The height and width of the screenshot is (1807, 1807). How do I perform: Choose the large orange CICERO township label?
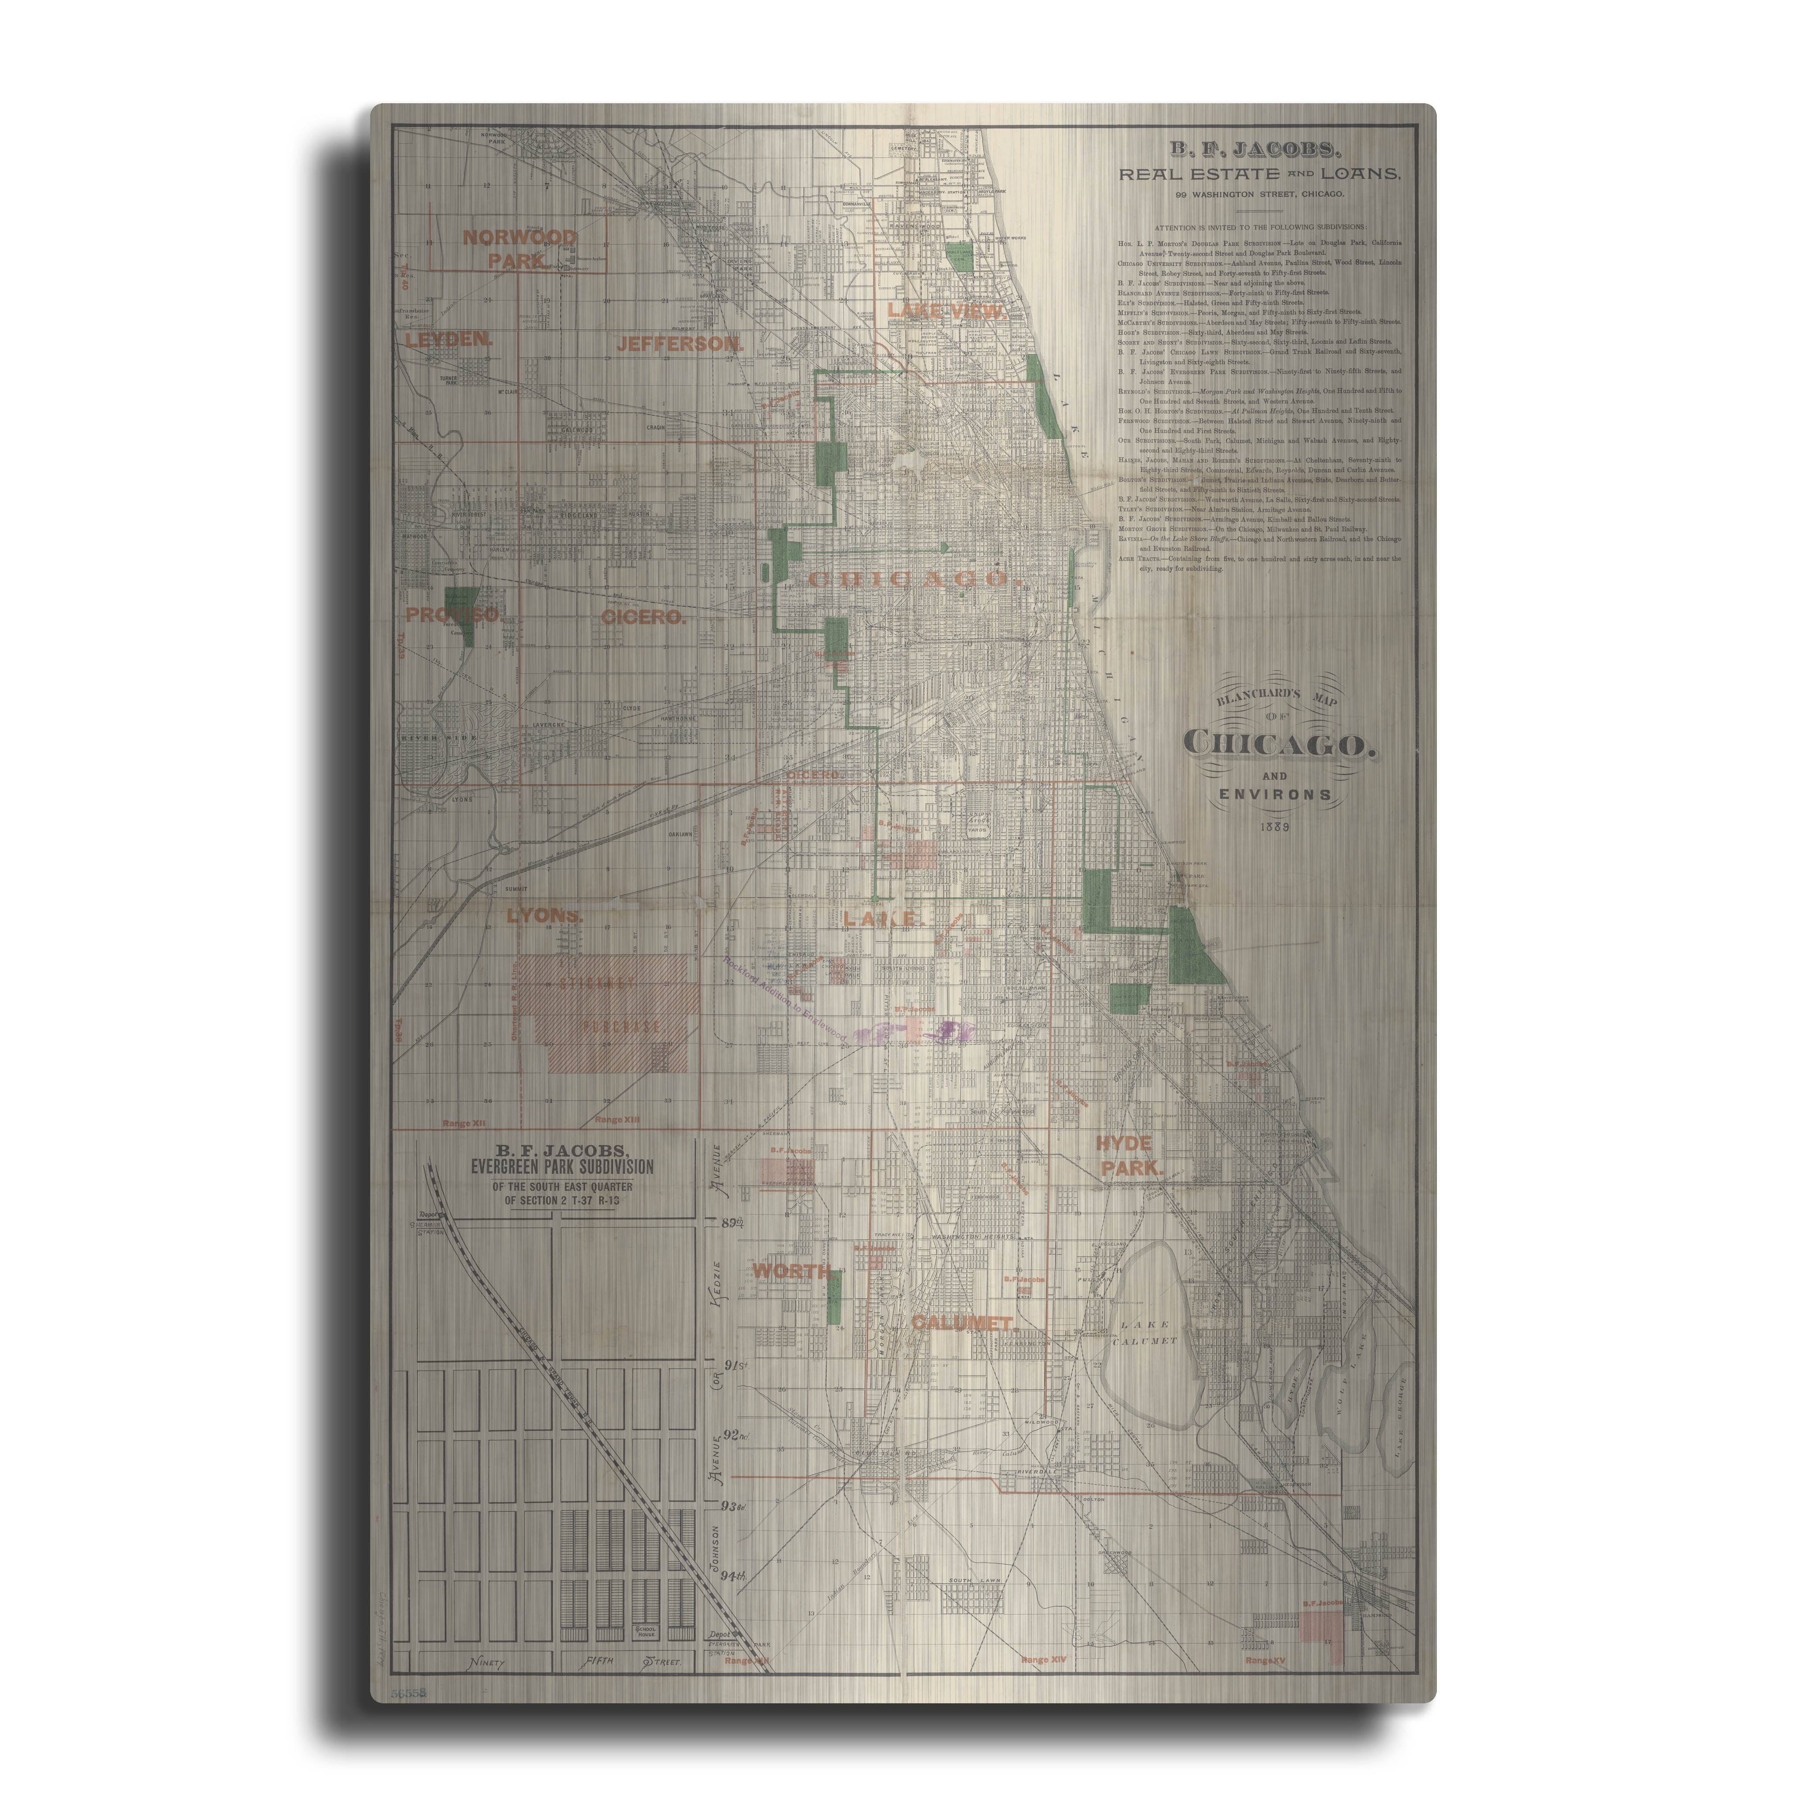644,617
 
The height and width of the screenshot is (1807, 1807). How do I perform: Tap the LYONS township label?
544,916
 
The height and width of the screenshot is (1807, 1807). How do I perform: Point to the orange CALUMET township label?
961,1323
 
